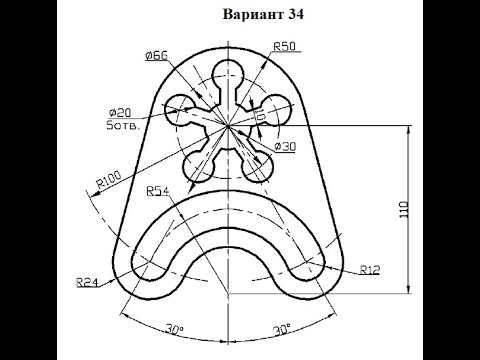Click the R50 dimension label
click(x=284, y=46)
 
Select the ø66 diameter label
click(x=157, y=56)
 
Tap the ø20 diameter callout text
click(x=120, y=113)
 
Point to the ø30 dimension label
click(x=285, y=146)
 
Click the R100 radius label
click(x=109, y=179)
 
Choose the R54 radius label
click(x=158, y=191)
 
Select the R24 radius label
click(x=87, y=282)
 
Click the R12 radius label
click(x=370, y=270)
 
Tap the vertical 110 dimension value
click(x=404, y=210)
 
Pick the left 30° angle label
click(x=175, y=329)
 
